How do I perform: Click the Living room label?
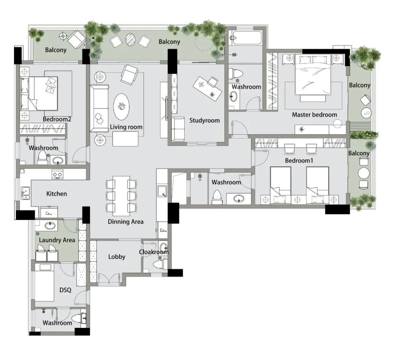pyautogui.click(x=126, y=127)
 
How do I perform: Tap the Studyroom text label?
pyautogui.click(x=204, y=120)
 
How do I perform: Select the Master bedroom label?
pyautogui.click(x=314, y=115)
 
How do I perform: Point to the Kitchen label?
pyautogui.click(x=56, y=194)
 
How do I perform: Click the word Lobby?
pyautogui.click(x=117, y=257)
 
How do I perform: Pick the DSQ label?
pyautogui.click(x=65, y=290)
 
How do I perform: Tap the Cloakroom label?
pyautogui.click(x=154, y=252)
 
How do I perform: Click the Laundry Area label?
pyautogui.click(x=57, y=240)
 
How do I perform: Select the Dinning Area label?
pyautogui.click(x=126, y=221)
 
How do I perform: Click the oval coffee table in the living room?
pyautogui.click(x=121, y=106)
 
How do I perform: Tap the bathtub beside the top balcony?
pyautogui.click(x=245, y=38)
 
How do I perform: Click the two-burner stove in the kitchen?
pyautogui.click(x=57, y=174)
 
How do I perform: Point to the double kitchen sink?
pyautogui.click(x=25, y=193)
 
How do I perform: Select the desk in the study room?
pyautogui.click(x=207, y=89)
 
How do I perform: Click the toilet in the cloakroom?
pyautogui.click(x=159, y=264)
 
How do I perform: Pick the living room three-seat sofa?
pyautogui.click(x=99, y=109)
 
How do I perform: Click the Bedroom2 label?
pyautogui.click(x=57, y=119)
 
